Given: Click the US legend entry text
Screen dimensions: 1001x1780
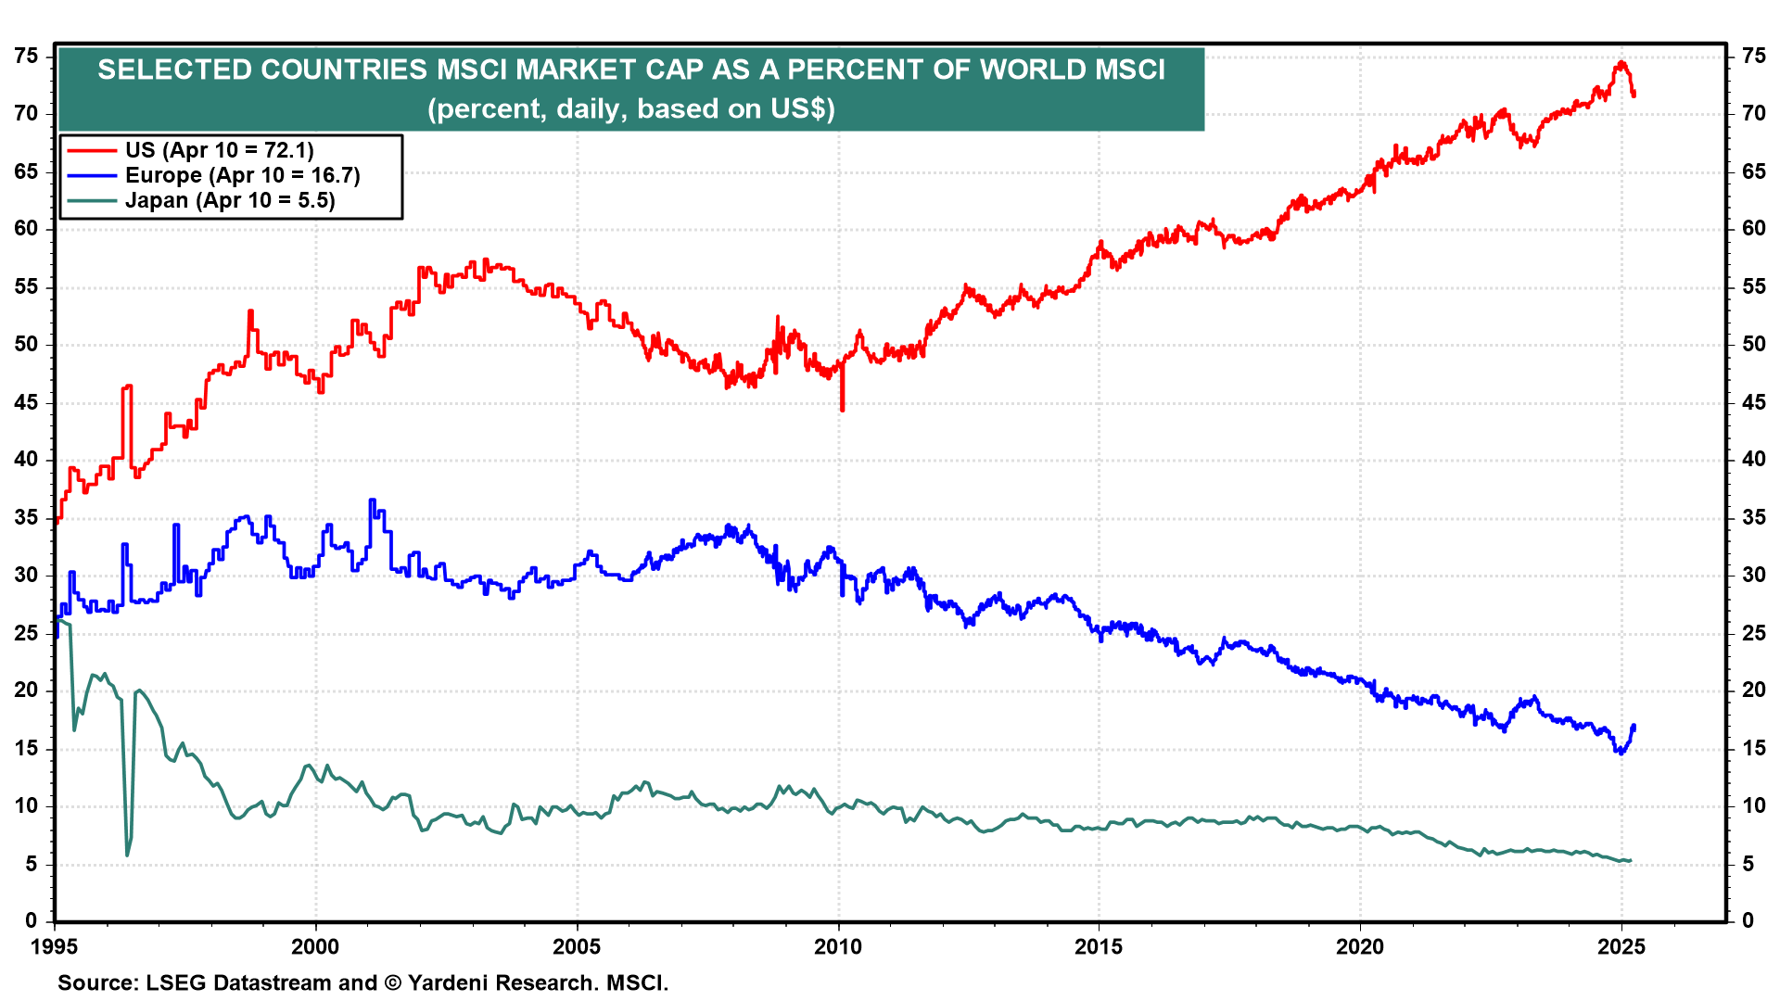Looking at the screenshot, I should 220,150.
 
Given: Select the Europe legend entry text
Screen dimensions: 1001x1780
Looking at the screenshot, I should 243,175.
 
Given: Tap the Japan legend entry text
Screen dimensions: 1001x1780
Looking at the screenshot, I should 230,200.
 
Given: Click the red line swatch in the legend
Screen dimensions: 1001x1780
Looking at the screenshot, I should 92,150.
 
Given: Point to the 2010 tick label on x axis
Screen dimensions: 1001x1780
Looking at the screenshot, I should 838,946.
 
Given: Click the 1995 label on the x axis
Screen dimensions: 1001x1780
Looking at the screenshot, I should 55,946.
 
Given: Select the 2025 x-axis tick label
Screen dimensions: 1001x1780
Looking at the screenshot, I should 1621,946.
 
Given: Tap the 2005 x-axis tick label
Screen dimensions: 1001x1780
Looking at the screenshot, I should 577,946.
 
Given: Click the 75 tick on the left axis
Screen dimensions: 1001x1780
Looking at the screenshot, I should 27,57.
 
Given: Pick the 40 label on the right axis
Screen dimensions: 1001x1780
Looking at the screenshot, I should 1754,460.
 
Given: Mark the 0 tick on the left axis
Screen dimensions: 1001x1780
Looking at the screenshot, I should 32,920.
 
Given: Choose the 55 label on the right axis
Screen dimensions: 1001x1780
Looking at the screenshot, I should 1754,287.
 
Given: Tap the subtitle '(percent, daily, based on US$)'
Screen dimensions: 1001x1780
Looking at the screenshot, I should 631,108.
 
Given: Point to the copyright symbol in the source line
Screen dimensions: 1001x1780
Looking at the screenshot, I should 393,982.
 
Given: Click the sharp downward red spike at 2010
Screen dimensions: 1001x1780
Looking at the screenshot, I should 842,408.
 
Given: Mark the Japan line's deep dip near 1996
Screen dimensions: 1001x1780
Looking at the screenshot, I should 127,854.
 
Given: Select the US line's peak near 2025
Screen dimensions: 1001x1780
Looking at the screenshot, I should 1621,63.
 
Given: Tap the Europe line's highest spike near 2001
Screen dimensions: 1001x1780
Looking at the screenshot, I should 372,500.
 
